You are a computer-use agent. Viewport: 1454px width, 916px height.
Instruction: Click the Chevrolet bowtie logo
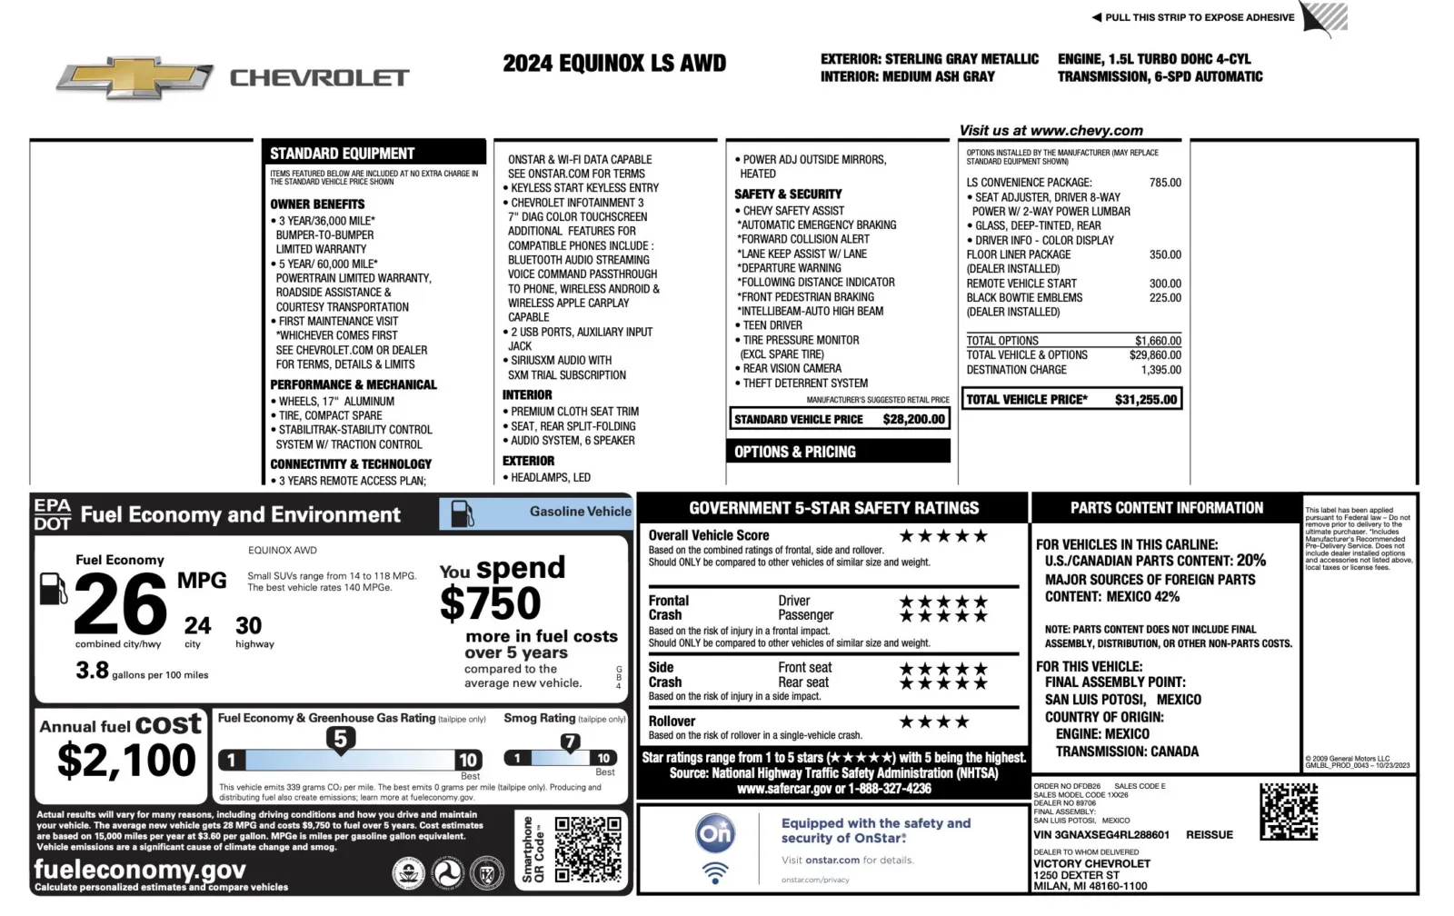coord(134,78)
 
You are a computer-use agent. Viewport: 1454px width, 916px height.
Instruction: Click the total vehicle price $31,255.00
coord(1145,399)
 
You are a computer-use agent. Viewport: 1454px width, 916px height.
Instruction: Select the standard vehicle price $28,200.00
coord(914,419)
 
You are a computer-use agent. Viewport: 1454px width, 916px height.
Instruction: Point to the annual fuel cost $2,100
coord(126,760)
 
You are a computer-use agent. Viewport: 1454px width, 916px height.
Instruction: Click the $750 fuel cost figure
coord(490,603)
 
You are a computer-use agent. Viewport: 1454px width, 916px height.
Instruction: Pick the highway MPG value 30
coord(248,625)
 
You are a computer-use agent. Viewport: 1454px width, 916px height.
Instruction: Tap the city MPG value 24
coord(197,625)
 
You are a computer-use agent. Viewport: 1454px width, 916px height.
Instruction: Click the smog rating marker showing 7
coord(570,742)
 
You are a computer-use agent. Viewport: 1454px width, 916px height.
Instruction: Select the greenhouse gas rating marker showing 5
coord(340,739)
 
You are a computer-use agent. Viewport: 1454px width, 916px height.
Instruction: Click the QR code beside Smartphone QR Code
coord(588,850)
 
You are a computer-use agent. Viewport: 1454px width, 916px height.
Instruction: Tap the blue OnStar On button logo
coord(715,832)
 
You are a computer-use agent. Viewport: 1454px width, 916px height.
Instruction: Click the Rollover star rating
coord(934,722)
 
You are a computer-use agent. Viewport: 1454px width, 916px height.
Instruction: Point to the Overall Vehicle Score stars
coord(943,536)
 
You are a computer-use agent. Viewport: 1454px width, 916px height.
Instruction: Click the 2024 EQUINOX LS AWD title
coord(614,64)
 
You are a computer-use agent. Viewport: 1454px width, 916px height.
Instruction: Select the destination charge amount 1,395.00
coord(1161,370)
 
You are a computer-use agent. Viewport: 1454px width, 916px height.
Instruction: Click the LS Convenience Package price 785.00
coord(1165,183)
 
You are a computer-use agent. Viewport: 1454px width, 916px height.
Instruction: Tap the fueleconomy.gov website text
coord(140,870)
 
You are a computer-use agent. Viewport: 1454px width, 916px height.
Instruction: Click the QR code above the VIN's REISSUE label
coord(1288,811)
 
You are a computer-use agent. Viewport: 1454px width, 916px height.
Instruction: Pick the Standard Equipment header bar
coord(373,153)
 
